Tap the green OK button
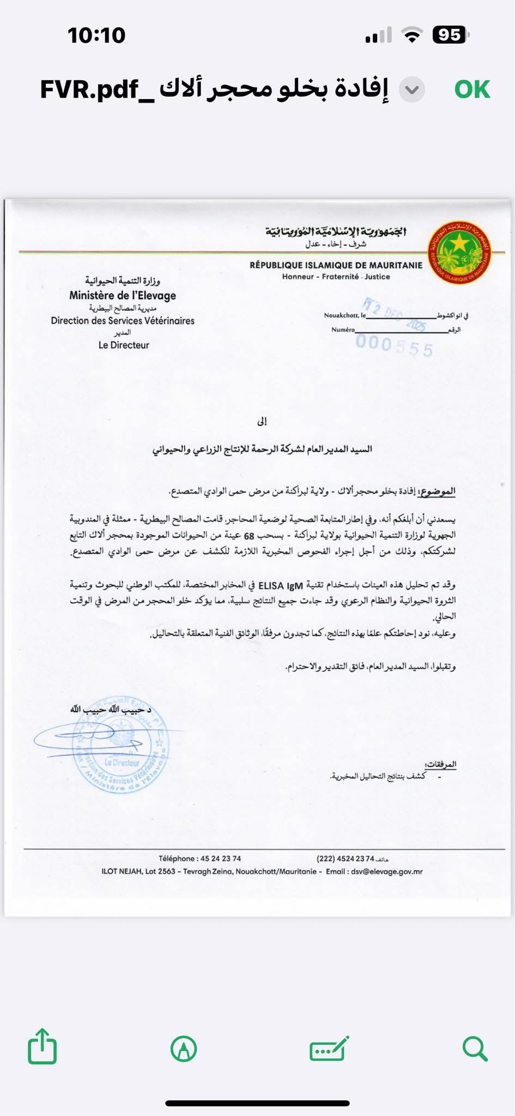(472, 89)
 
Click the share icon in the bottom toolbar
(42, 1046)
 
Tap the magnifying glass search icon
(474, 1048)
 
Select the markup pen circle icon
(184, 1048)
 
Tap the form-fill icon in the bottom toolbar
(329, 1048)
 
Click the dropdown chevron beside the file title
(412, 89)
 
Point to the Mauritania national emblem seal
(459, 252)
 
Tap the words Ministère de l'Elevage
(123, 295)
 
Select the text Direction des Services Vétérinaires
(123, 320)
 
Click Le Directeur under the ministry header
(124, 345)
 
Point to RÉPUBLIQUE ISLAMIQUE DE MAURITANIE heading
(336, 265)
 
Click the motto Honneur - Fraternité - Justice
(336, 277)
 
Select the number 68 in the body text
(249, 536)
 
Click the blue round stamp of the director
(121, 745)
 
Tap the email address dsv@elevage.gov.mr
(387, 871)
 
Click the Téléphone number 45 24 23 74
(221, 858)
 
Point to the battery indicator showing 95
(450, 35)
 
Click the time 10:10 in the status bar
(96, 35)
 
